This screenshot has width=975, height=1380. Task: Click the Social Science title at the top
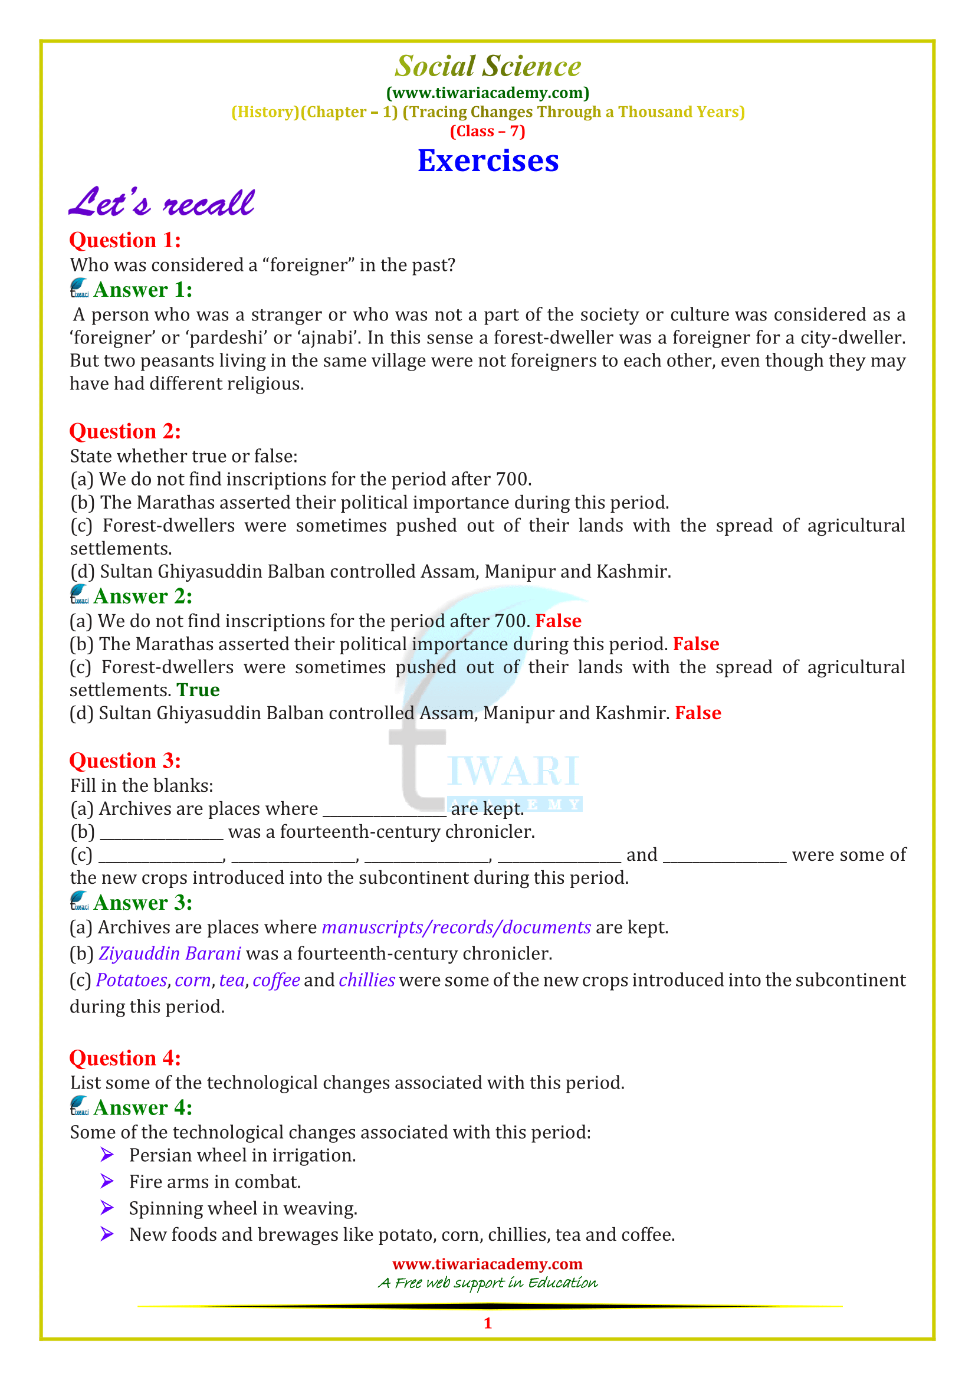pyautogui.click(x=488, y=66)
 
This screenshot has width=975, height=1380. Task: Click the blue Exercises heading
pyautogui.click(x=488, y=161)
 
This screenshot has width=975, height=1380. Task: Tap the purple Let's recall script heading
pyautogui.click(x=162, y=202)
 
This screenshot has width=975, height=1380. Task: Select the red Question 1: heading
pyautogui.click(x=125, y=240)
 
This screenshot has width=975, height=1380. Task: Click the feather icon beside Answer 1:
pyautogui.click(x=79, y=289)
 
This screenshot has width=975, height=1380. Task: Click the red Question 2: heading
pyautogui.click(x=125, y=431)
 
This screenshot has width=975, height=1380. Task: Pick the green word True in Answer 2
pyautogui.click(x=198, y=690)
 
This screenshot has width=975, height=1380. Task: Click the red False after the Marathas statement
pyautogui.click(x=695, y=644)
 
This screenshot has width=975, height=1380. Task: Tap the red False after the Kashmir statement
pyautogui.click(x=697, y=713)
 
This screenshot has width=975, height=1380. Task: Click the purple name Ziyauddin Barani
pyautogui.click(x=170, y=954)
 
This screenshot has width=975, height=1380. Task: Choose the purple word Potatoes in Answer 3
pyautogui.click(x=132, y=981)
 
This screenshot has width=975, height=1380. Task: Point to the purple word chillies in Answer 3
pyautogui.click(x=366, y=981)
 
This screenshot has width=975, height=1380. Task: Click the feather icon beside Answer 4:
pyautogui.click(x=79, y=1106)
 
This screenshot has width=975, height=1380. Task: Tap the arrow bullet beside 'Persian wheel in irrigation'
pyautogui.click(x=107, y=1155)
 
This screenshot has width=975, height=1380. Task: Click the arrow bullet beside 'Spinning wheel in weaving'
pyautogui.click(x=107, y=1208)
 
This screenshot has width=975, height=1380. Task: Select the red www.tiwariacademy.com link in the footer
pyautogui.click(x=487, y=1264)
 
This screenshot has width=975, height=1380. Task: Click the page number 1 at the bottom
pyautogui.click(x=488, y=1323)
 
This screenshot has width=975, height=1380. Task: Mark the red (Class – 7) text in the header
pyautogui.click(x=487, y=132)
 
